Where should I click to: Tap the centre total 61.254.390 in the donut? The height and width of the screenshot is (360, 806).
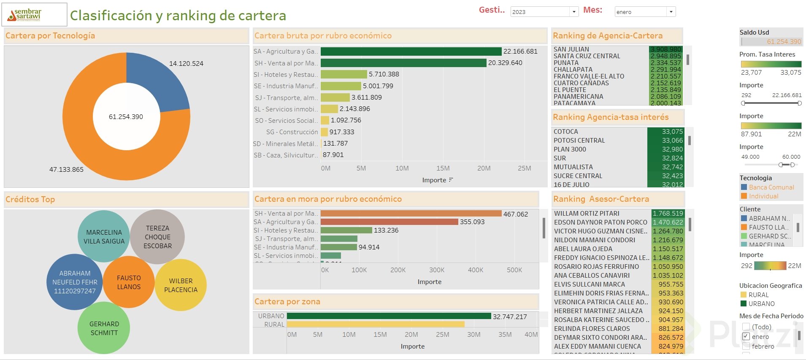126,117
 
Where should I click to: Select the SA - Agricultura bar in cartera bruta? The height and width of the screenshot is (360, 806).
411,51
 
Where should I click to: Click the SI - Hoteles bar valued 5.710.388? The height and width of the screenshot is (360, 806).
343,74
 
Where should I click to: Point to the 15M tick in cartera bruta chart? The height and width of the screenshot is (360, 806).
443,168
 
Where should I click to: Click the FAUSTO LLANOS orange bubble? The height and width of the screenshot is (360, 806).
129,282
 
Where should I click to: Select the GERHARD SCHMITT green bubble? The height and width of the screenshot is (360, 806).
104,328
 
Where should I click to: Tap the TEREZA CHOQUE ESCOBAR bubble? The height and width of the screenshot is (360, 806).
157,237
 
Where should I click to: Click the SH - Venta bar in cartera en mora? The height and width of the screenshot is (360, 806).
411,214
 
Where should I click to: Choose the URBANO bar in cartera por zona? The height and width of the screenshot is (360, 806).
388,316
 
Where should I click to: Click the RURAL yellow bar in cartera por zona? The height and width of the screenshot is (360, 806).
375,324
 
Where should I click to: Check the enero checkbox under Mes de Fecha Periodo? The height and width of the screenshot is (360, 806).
746,336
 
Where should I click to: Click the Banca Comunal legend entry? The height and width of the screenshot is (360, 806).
771,187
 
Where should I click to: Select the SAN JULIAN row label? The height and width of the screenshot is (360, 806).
571,49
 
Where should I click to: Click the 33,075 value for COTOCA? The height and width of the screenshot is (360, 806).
672,132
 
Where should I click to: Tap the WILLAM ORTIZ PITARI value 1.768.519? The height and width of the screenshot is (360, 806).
668,214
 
